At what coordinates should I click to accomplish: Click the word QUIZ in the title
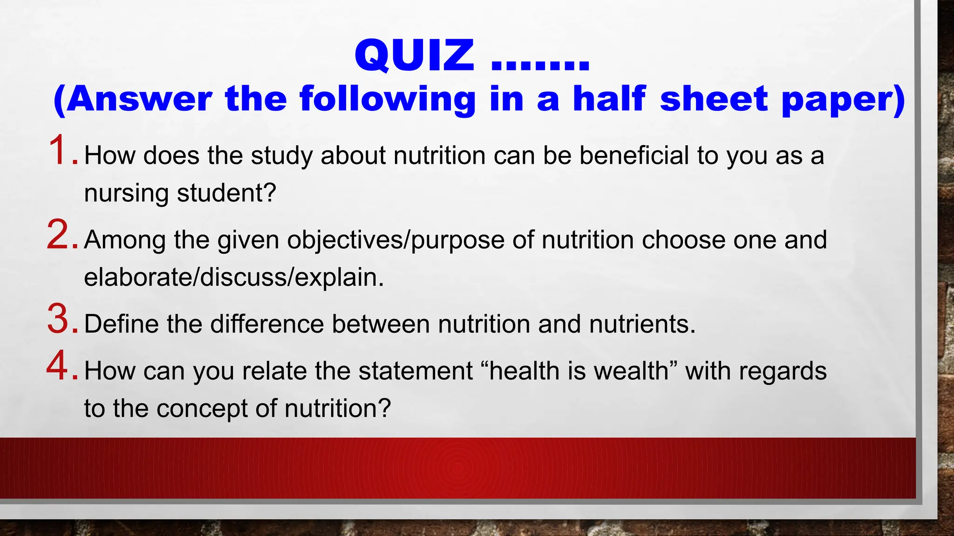[x=414, y=56]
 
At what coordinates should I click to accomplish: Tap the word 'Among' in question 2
[x=125, y=240]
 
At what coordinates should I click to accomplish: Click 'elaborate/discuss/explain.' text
[x=234, y=277]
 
